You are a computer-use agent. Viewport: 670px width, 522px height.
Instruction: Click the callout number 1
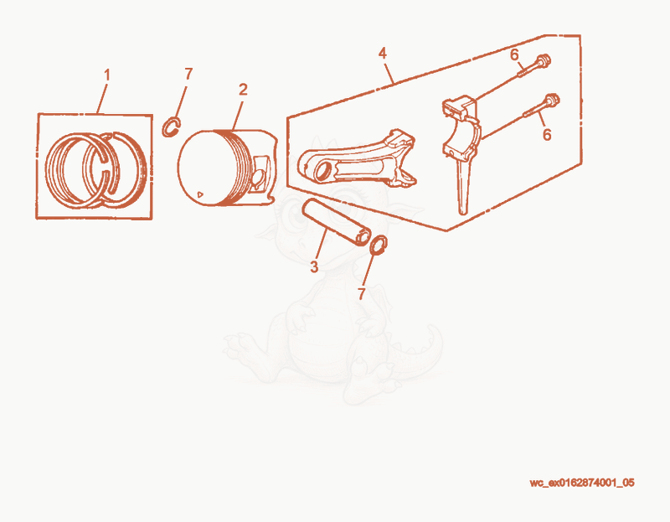(x=107, y=75)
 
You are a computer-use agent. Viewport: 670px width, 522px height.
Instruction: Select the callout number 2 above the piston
(x=243, y=90)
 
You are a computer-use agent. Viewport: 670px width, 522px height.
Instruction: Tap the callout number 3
(x=315, y=266)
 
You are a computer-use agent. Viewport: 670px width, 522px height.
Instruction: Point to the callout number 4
(x=383, y=54)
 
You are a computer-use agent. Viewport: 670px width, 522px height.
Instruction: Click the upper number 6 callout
(x=514, y=54)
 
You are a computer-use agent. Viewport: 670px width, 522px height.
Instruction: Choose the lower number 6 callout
(x=547, y=134)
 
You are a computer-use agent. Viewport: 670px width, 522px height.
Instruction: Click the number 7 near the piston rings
(x=188, y=74)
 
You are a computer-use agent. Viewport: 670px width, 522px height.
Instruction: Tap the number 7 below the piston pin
(x=362, y=294)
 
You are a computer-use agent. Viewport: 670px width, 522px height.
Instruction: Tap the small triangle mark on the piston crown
(x=200, y=194)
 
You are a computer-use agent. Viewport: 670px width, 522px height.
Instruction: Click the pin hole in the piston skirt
(x=259, y=178)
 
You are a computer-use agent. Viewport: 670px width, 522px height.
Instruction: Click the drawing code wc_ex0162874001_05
(x=582, y=483)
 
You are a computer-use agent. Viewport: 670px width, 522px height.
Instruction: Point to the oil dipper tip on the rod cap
(x=463, y=210)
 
